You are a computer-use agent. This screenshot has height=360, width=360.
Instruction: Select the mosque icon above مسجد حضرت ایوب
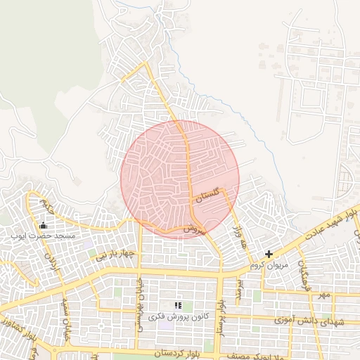[44, 226]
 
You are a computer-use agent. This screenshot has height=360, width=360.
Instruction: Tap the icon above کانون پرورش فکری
[177, 305]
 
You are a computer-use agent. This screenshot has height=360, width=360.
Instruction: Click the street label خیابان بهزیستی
[141, 299]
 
